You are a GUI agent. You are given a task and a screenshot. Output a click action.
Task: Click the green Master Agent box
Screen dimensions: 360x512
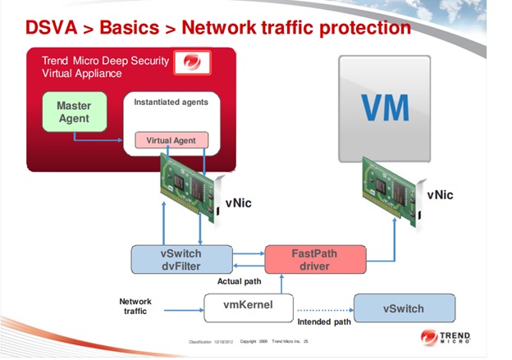click(74, 112)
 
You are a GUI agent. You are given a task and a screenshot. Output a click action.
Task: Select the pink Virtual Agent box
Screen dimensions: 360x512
click(171, 140)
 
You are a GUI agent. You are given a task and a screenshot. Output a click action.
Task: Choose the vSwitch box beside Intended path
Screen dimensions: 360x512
click(404, 308)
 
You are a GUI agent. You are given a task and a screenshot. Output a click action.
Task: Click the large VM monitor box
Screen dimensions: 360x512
click(385, 108)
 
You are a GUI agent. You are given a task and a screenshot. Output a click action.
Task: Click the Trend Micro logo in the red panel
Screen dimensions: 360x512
click(192, 63)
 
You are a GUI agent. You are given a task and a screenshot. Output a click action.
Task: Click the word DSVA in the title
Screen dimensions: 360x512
click(52, 27)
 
